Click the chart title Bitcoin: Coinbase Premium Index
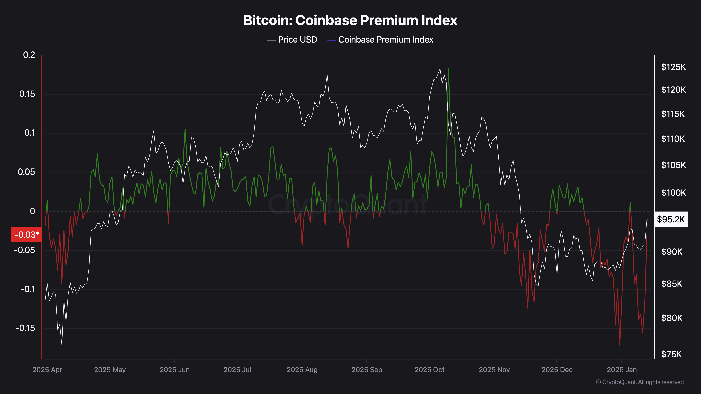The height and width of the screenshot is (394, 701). (x=350, y=20)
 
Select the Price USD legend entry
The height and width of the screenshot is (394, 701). (x=292, y=40)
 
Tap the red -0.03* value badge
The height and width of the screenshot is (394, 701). (x=26, y=234)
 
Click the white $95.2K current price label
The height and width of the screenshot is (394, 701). (x=671, y=219)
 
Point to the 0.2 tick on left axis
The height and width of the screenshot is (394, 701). (x=29, y=55)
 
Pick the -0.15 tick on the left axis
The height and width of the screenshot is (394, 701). (x=25, y=328)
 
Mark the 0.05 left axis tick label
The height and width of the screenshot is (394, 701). (x=26, y=172)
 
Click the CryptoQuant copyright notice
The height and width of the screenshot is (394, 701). (x=639, y=382)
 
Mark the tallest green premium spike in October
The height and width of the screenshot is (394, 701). (x=448, y=69)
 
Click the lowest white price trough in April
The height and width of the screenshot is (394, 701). (x=62, y=345)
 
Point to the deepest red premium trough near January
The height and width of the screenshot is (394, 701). (x=620, y=345)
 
